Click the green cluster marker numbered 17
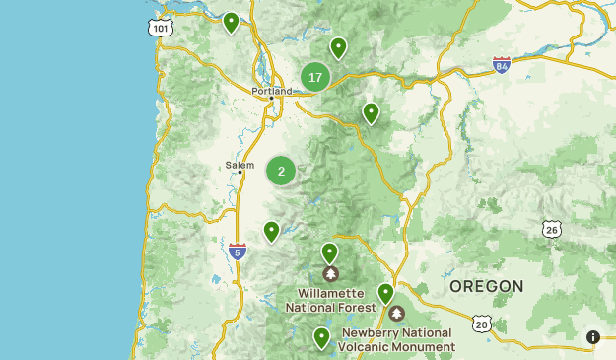pyautogui.click(x=315, y=77)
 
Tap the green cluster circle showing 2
pyautogui.click(x=281, y=171)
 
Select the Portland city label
pyautogui.click(x=271, y=92)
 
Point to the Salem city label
pyautogui.click(x=240, y=165)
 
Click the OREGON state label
pyautogui.click(x=486, y=286)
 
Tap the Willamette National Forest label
pyautogui.click(x=331, y=301)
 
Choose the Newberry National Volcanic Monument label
pyautogui.click(x=397, y=340)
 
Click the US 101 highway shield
pyautogui.click(x=160, y=30)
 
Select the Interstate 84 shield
pyautogui.click(x=502, y=66)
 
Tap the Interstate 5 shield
pyautogui.click(x=237, y=252)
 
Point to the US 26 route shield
pyautogui.click(x=552, y=229)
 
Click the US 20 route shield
pyautogui.click(x=481, y=324)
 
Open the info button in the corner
pyautogui.click(x=592, y=337)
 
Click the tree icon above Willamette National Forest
pyautogui.click(x=330, y=273)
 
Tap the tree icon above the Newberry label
pyautogui.click(x=396, y=314)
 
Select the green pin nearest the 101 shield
pyautogui.click(x=231, y=22)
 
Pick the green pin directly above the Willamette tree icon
pyautogui.click(x=330, y=252)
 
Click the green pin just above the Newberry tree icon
pyautogui.click(x=386, y=293)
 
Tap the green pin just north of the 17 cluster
pyautogui.click(x=338, y=47)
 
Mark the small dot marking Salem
pyautogui.click(x=240, y=174)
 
